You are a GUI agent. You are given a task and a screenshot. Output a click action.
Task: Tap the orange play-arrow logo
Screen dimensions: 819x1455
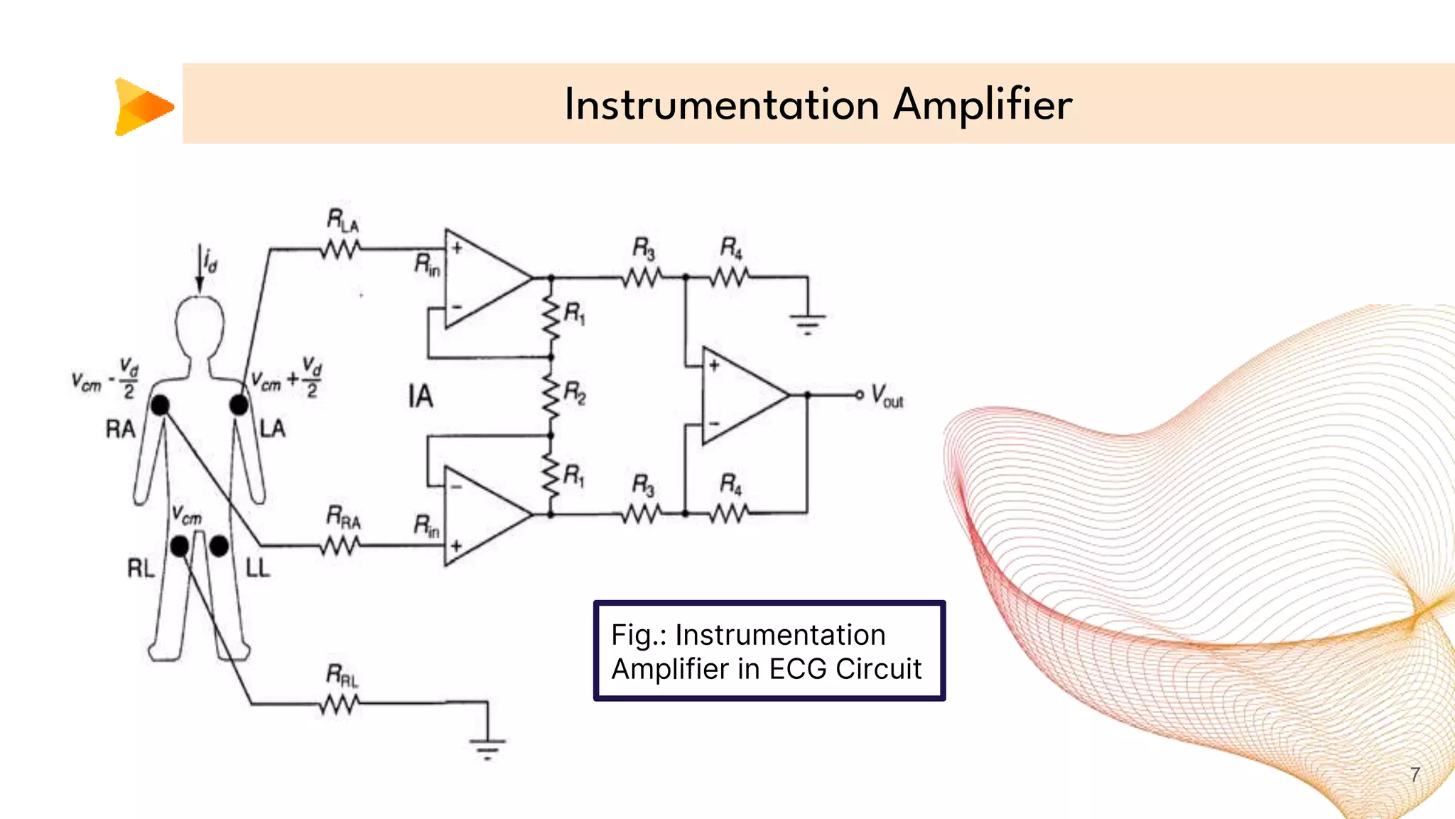pyautogui.click(x=144, y=107)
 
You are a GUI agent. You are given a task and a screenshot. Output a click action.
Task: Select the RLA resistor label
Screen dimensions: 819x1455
pyautogui.click(x=342, y=220)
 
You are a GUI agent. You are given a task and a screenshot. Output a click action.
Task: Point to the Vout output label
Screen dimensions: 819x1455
pyautogui.click(x=887, y=396)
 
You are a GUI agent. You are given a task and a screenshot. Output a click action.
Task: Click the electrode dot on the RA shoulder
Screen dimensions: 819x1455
pyautogui.click(x=160, y=405)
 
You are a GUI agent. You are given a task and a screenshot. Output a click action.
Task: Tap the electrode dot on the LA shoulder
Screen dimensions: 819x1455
pyautogui.click(x=239, y=405)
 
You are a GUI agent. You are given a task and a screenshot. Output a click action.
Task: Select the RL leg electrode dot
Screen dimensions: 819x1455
pyautogui.click(x=180, y=546)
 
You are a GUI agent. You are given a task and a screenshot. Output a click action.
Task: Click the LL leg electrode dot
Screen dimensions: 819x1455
pyautogui.click(x=219, y=546)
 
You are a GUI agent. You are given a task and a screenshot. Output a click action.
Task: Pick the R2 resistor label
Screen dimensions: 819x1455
pyautogui.click(x=574, y=392)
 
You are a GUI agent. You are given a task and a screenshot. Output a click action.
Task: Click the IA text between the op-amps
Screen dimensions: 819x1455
pyautogui.click(x=420, y=397)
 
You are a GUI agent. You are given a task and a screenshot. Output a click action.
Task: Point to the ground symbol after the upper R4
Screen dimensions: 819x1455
pyautogui.click(x=807, y=323)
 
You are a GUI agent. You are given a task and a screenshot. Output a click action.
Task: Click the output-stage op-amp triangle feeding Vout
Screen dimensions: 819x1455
pyautogui.click(x=739, y=395)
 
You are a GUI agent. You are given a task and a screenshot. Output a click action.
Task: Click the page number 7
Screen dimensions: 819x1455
pyautogui.click(x=1415, y=774)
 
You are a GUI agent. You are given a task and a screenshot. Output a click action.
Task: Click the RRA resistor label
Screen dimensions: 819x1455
pyautogui.click(x=343, y=518)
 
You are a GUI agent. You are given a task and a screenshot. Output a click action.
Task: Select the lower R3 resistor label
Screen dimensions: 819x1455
pyautogui.click(x=643, y=485)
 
